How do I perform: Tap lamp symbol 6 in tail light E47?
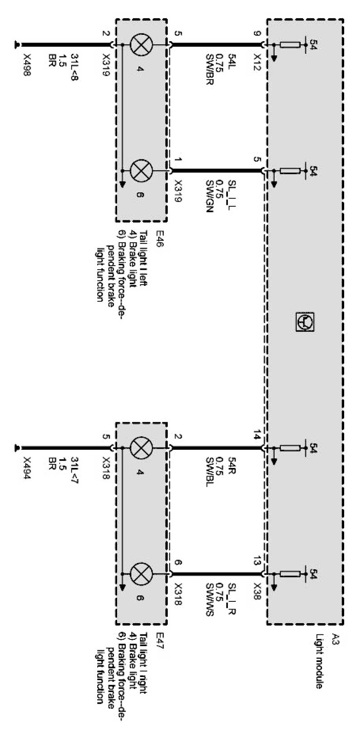[x=142, y=574]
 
